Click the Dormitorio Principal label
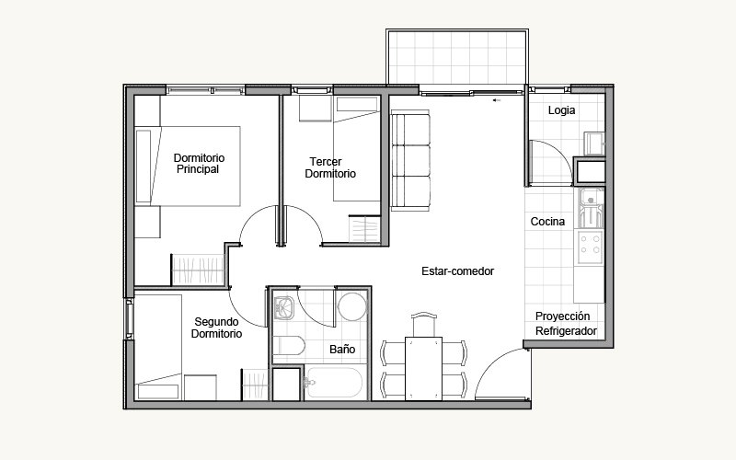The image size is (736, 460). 199,164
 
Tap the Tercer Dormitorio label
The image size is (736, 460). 330,167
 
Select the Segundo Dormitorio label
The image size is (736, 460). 216,328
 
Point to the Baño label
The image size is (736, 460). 342,350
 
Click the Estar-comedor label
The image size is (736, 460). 457,271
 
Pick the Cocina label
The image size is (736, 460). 547,222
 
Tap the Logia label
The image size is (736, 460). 561,110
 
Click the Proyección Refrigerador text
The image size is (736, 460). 566,324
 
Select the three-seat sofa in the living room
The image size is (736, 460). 410,160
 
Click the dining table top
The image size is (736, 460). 423,369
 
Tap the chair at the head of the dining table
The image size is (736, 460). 424,325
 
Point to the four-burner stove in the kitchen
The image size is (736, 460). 590,247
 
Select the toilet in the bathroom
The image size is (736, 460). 289,346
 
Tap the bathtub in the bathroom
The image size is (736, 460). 333,383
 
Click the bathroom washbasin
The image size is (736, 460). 284,307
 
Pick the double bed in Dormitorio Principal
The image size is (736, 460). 188,167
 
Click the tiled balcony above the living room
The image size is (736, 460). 457,56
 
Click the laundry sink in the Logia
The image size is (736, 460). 594,143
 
